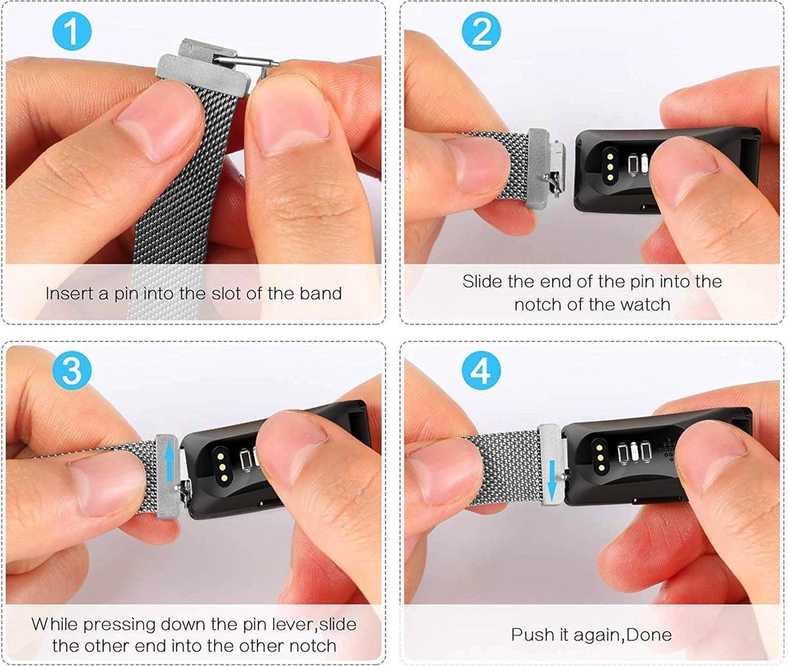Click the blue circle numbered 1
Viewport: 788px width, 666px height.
tap(72, 32)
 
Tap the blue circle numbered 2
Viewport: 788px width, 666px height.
tap(481, 32)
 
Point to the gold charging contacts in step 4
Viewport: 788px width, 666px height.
tap(599, 451)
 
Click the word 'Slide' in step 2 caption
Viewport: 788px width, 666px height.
tap(483, 282)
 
